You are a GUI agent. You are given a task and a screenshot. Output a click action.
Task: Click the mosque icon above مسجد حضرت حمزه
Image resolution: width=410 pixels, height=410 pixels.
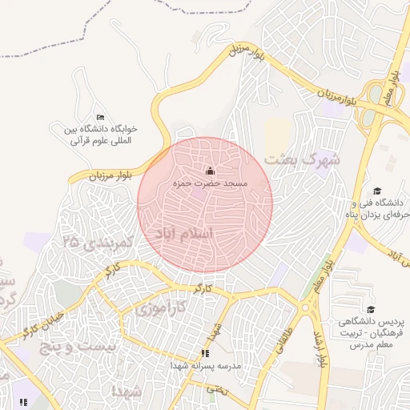click(x=211, y=171)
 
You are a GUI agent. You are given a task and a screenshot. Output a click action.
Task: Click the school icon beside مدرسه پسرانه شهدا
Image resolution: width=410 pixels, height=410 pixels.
click(x=205, y=352)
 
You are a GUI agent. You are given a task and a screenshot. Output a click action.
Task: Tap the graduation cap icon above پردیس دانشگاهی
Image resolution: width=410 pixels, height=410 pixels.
click(x=370, y=309)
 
